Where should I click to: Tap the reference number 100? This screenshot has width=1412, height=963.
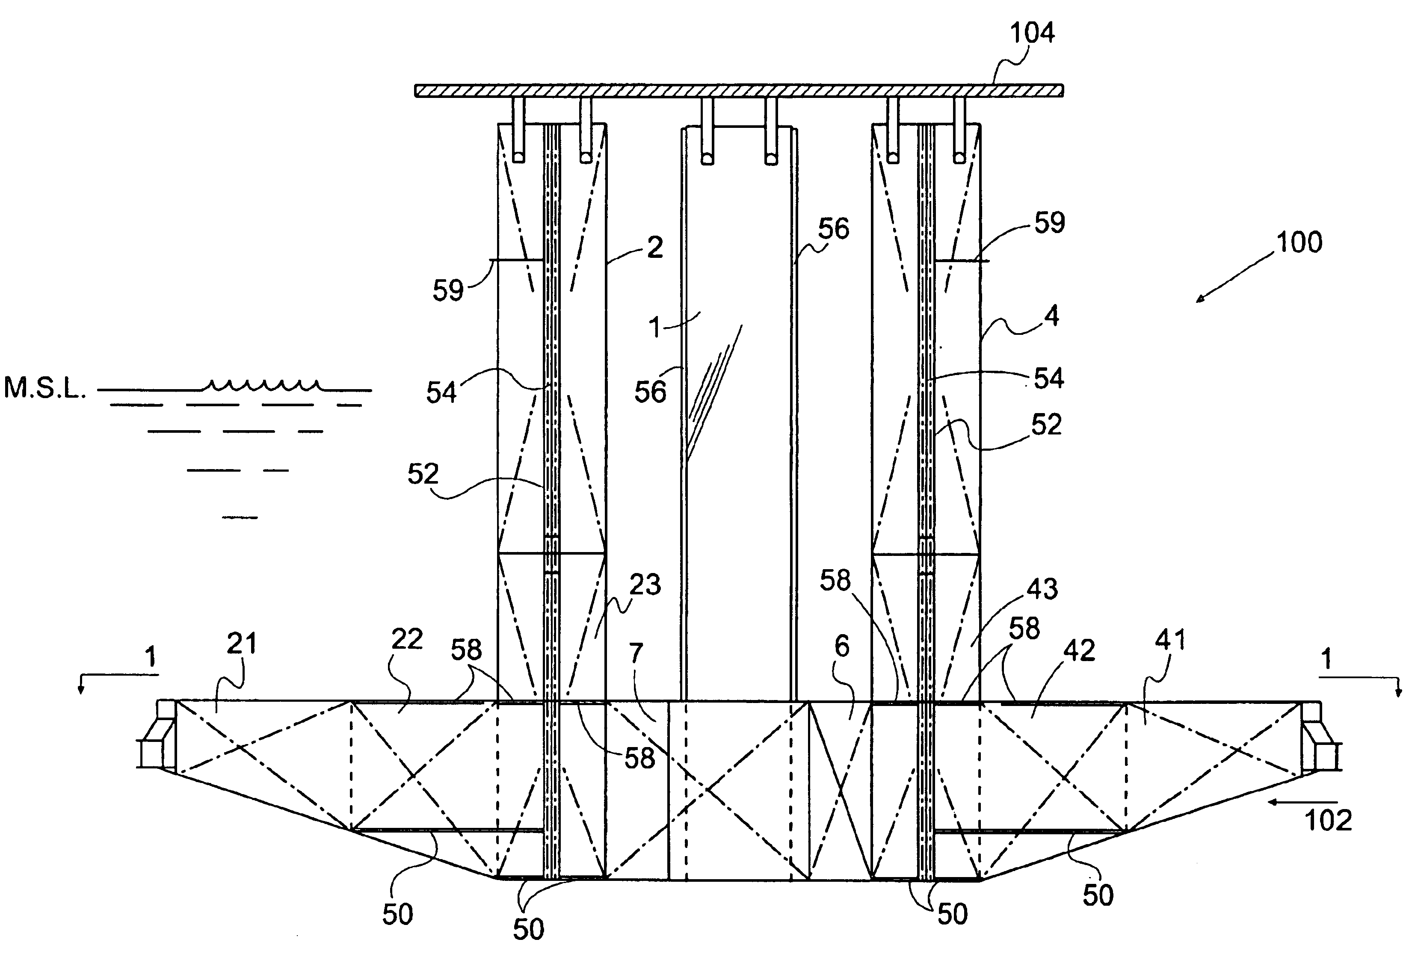coord(1299,242)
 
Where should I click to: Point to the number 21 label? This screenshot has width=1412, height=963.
coord(242,644)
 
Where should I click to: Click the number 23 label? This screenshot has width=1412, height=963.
coord(645,585)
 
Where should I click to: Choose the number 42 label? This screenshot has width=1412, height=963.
coord(1079,651)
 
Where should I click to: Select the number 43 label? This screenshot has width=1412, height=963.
coord(1042,589)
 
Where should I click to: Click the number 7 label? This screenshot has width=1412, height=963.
coord(636,654)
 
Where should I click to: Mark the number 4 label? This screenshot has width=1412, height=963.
coord(1051,316)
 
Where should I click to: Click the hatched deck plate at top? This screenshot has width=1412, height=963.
coord(739,91)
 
